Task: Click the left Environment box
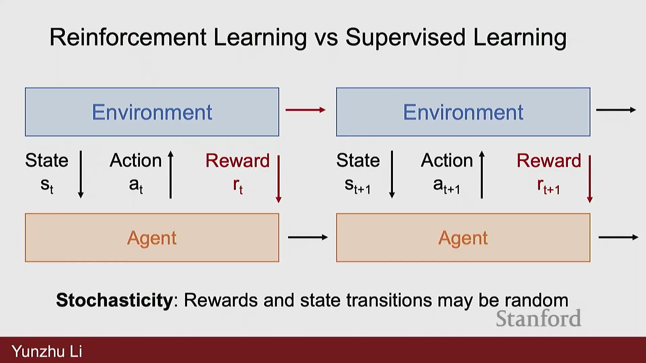coord(152,112)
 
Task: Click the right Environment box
coord(463,112)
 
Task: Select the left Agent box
coord(152,238)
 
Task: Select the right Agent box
coord(463,238)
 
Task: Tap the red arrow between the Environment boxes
coord(306,110)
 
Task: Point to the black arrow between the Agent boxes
coord(308,237)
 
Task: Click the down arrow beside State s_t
coord(81,174)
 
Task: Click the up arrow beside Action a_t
coord(171,174)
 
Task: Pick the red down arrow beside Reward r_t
coord(279,179)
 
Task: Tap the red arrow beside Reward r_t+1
coord(590,179)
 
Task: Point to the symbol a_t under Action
coord(136,186)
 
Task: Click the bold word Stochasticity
coord(114,300)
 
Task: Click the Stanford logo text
coord(538,318)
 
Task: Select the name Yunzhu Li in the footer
coord(47,351)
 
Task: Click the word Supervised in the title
coord(405,38)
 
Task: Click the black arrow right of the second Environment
coord(616,110)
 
